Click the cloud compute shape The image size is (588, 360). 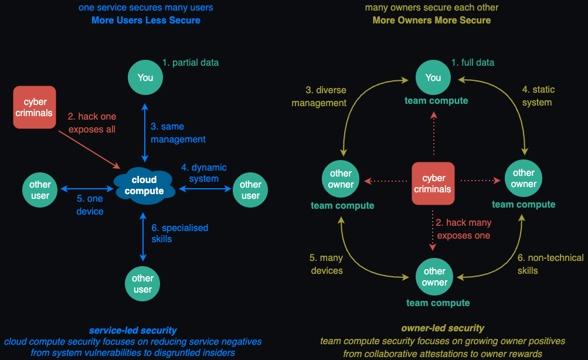coord(144,185)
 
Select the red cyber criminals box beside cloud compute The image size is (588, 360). coord(35,107)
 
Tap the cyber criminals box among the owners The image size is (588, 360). coord(433,184)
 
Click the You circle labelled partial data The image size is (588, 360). coord(145,77)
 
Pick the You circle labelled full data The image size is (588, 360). coord(433,77)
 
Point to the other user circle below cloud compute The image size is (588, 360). coord(142,284)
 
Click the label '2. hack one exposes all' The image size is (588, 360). coord(92,123)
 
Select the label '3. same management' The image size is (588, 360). coord(178,133)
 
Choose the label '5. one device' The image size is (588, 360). coord(90,205)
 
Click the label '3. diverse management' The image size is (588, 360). coord(326,96)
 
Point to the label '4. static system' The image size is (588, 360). coord(538,96)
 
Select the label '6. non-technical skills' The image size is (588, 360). coord(550,264)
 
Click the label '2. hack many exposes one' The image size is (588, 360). coord(463,229)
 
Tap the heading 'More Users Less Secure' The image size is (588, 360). coord(146,21)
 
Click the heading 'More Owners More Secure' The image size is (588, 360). coord(431,21)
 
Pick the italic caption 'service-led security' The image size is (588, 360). coord(133,331)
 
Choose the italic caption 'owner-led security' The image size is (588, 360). coord(443,328)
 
